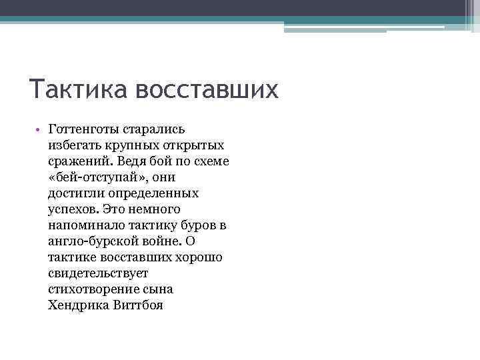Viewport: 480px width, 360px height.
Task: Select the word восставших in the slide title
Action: (207, 89)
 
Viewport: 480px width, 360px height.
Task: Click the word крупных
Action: (133, 145)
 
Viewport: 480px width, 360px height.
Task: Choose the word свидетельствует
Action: (98, 273)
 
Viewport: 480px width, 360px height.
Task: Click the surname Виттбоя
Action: (138, 305)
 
